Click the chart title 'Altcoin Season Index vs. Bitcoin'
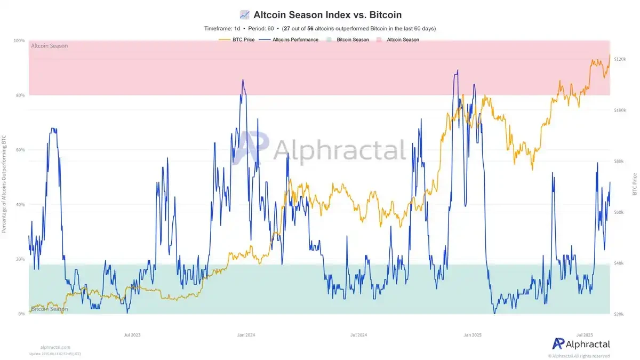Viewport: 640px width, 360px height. [327, 14]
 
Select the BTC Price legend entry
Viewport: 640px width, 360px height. [244, 39]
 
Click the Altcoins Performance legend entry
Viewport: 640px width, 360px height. [295, 39]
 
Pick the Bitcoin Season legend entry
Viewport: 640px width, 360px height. [352, 39]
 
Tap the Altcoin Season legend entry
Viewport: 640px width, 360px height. [403, 39]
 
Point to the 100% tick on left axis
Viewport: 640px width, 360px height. [19, 41]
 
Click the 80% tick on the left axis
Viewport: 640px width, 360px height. [20, 95]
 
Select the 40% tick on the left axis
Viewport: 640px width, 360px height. [20, 205]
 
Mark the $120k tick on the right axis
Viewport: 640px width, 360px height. [619, 59]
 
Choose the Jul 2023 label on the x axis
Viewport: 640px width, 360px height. [132, 335]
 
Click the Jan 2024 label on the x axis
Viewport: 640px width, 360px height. [246, 335]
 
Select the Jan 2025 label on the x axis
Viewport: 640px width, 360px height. [473, 335]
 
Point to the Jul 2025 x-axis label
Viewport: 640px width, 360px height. [585, 335]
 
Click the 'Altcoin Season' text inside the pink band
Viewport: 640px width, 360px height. [50, 46]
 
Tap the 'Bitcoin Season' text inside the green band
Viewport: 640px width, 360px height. [50, 309]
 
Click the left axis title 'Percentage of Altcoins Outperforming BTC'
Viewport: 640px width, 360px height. [5, 184]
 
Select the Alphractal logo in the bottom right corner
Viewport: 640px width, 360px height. [581, 344]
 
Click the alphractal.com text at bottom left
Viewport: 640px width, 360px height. [55, 347]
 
